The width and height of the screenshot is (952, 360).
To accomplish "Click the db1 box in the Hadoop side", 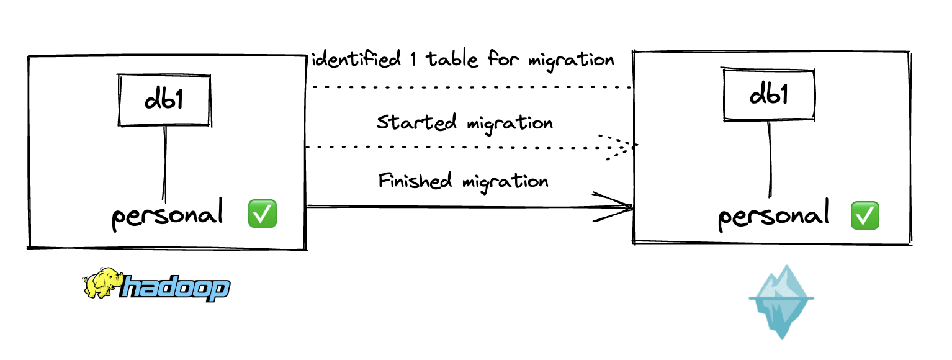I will tap(164, 101).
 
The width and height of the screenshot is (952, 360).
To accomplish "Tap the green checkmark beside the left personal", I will tap(262, 214).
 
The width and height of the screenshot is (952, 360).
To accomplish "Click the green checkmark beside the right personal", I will tap(865, 215).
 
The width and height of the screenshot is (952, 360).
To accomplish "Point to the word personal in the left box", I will tap(167, 216).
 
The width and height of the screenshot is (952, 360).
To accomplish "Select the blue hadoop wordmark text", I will tap(176, 289).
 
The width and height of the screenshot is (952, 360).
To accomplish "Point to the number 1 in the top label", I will tap(414, 60).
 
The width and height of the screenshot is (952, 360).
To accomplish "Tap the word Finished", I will tap(415, 181).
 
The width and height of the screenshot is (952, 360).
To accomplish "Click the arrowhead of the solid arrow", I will tap(624, 207).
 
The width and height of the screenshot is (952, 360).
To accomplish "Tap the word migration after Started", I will tap(509, 123).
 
